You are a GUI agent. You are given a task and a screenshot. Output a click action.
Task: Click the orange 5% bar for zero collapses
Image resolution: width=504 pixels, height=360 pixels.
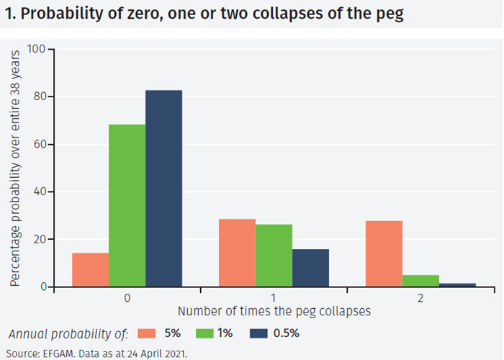[90, 270]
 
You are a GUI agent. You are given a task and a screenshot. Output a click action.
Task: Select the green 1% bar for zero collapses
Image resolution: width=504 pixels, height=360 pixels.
[127, 206]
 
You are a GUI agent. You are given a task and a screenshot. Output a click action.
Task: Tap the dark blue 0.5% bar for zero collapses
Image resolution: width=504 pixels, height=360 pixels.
[163, 189]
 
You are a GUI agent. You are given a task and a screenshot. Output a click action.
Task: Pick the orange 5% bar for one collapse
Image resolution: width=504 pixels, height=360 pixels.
[237, 253]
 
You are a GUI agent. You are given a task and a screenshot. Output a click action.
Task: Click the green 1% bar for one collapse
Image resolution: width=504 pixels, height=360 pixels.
[274, 256]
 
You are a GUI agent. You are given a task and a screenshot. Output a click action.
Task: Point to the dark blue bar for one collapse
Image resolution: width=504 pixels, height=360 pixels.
[310, 268]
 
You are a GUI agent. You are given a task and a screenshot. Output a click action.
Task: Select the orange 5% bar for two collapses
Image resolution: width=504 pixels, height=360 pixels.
[384, 253]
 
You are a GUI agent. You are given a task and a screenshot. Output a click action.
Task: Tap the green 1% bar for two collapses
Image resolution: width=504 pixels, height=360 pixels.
[420, 281]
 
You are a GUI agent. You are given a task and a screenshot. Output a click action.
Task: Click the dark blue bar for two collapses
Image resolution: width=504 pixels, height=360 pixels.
[457, 285]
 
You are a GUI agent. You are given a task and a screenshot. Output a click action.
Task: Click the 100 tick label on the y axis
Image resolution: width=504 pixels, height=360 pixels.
[35, 49]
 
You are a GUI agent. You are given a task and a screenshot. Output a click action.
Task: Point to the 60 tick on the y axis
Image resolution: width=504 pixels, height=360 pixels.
[38, 144]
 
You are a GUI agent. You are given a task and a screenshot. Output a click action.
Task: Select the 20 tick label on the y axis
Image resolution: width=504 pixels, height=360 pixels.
[38, 239]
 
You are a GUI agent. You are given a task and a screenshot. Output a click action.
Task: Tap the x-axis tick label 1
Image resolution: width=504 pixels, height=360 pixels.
[274, 297]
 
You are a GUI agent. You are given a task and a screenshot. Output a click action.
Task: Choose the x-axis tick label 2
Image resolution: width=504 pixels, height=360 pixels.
[420, 297]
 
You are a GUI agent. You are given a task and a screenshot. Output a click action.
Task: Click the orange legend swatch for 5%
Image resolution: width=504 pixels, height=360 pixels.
[147, 333]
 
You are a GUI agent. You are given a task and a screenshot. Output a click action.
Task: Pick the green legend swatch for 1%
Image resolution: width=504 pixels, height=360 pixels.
[203, 333]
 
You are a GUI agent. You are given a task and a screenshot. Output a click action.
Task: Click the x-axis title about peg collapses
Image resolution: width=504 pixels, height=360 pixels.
[274, 312]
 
